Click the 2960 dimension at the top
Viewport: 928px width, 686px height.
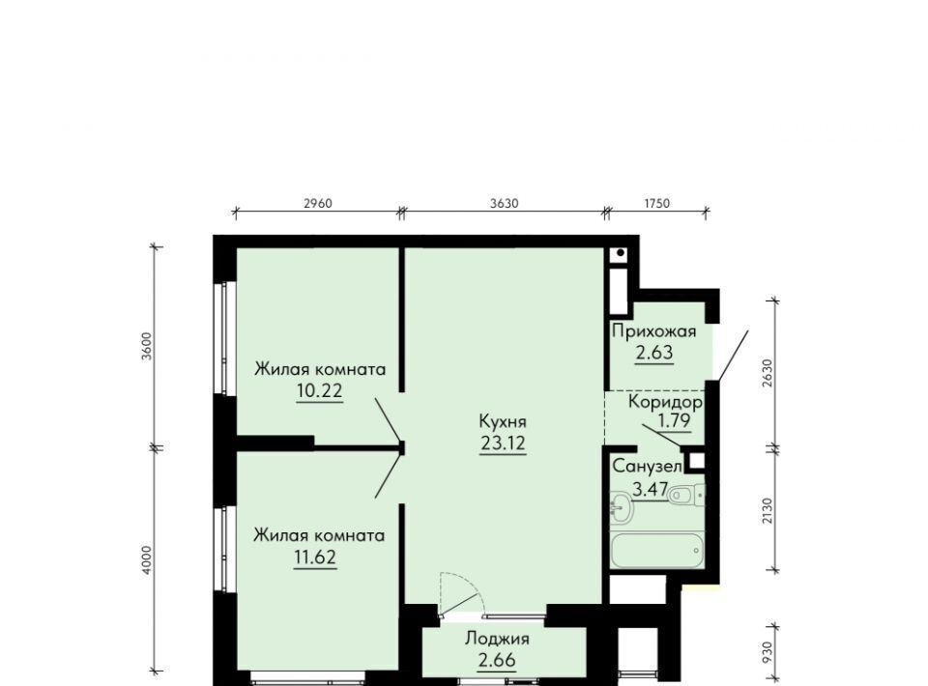(318, 204)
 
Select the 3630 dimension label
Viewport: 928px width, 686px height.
(504, 204)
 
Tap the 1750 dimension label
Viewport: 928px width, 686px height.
(656, 204)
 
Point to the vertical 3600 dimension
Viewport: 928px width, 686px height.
(147, 346)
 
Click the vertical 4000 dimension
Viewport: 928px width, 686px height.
(147, 559)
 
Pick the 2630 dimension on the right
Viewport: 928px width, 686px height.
(768, 373)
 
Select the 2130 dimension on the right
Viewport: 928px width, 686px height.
(768, 511)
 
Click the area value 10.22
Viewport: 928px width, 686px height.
(320, 391)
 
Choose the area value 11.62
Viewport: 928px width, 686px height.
(315, 557)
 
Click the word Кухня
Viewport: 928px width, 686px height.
(503, 422)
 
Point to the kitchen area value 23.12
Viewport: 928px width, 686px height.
(503, 443)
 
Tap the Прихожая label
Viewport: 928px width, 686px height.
(654, 331)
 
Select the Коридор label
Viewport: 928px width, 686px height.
(666, 403)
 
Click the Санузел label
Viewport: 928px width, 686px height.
(647, 467)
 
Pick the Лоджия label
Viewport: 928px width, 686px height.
(497, 639)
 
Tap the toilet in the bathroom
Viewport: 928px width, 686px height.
(686, 494)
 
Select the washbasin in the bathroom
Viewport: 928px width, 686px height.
(621, 507)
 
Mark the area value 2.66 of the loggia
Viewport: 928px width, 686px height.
(497, 659)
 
